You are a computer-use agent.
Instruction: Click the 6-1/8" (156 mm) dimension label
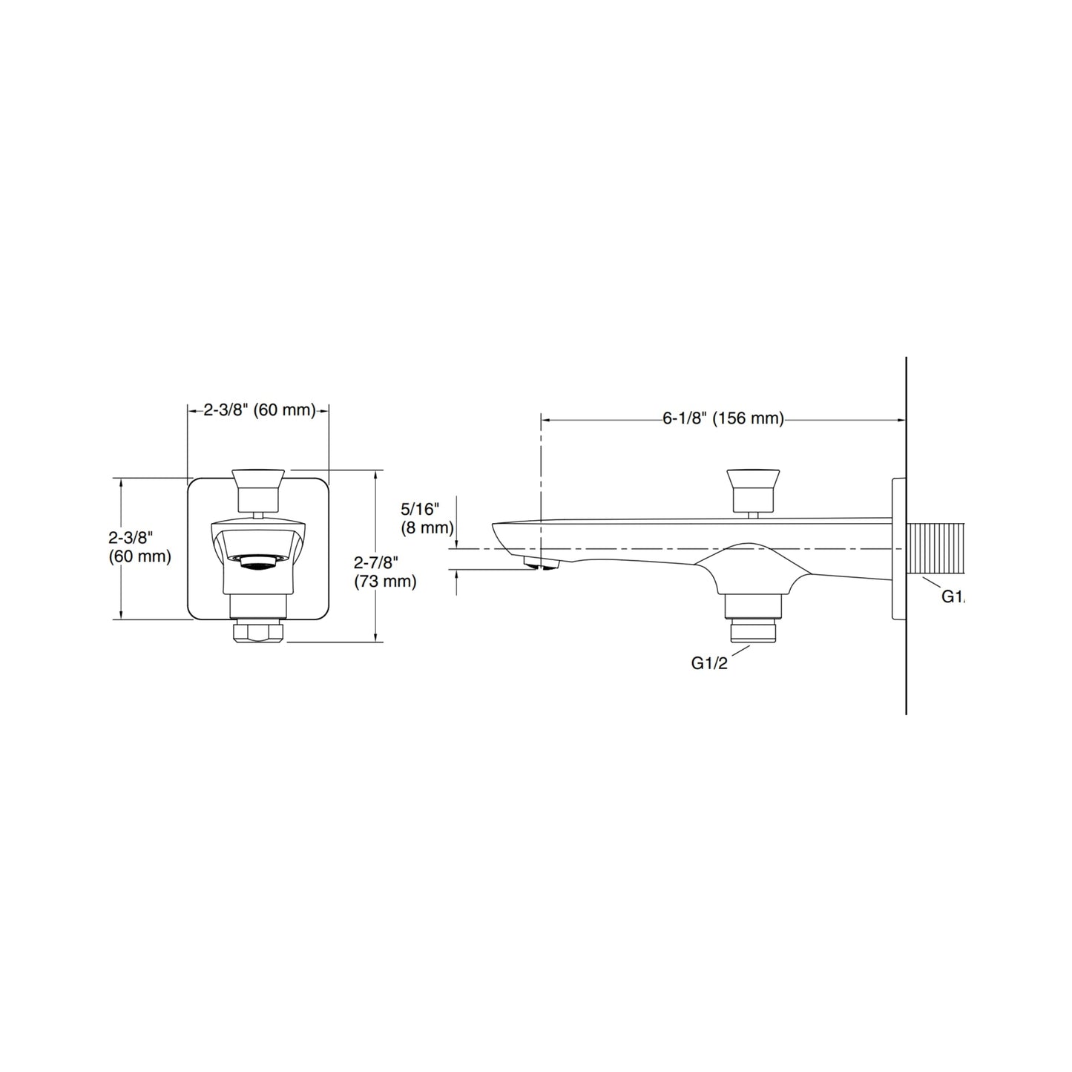(x=723, y=419)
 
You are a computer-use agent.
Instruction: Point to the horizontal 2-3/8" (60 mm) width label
(x=260, y=410)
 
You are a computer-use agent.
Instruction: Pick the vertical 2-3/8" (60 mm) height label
(x=139, y=547)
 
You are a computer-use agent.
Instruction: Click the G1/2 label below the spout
(x=709, y=663)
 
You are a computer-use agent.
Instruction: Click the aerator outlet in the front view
(x=257, y=565)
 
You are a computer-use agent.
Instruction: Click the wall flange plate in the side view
(x=898, y=548)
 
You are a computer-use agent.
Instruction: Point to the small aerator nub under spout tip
(x=541, y=566)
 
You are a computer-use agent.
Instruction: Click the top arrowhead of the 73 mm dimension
(x=378, y=474)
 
